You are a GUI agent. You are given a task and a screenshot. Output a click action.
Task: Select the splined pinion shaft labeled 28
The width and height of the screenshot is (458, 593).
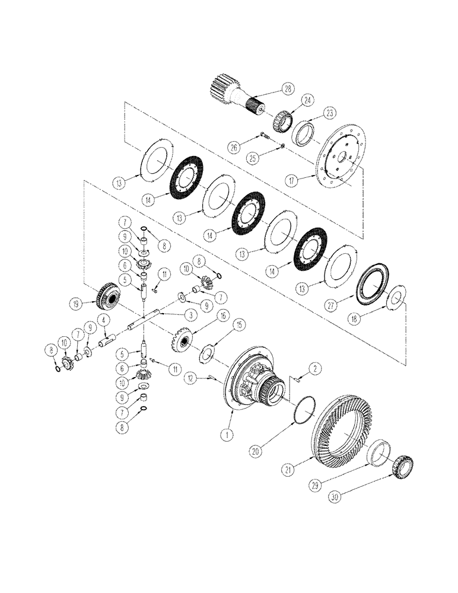(x=234, y=94)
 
